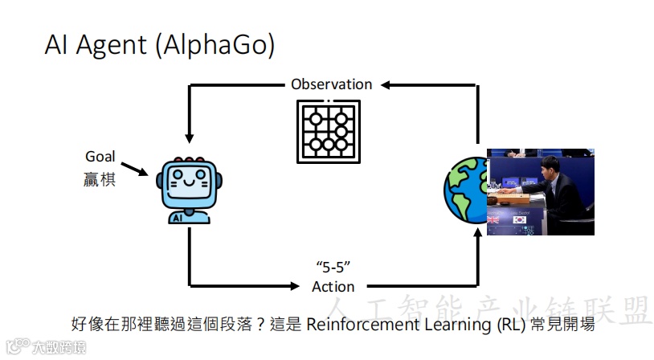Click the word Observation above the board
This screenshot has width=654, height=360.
[332, 84]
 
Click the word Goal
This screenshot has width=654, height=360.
[100, 157]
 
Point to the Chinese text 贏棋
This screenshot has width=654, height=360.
[100, 178]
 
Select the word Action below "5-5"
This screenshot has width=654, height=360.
[333, 286]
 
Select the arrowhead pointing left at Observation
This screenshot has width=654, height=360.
[387, 84]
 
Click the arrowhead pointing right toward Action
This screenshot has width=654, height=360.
[292, 285]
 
